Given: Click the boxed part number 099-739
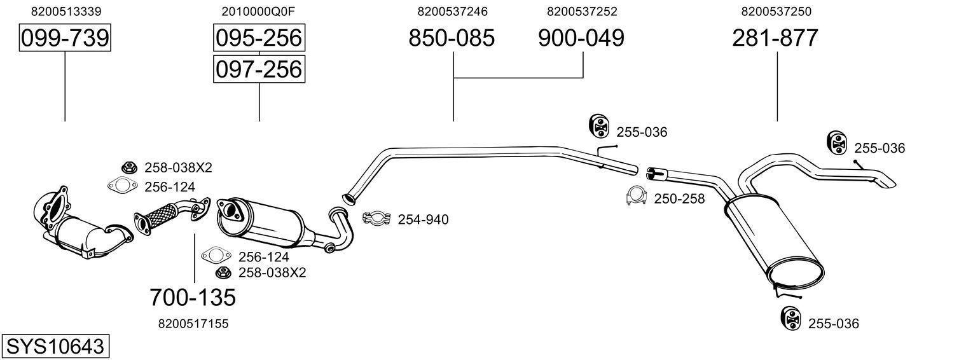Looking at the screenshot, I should pos(65,39).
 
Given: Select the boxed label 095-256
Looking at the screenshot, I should pos(259,38).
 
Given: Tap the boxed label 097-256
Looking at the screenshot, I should pos(259,69).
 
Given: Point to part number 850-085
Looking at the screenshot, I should pos(452,39).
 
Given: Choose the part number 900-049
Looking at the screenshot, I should pos(581,39).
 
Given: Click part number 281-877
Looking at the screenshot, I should pos(775,39).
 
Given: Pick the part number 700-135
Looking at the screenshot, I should pos(193,296).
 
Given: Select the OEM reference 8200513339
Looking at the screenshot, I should pos(66,11).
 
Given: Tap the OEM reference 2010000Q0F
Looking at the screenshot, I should pos(259,11).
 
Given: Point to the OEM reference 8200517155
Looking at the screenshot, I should pos(193,324).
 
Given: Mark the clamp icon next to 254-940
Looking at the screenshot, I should pos(375,219).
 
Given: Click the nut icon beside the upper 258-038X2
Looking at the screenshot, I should pos(129,167).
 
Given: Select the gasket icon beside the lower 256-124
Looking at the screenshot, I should pos(215,256).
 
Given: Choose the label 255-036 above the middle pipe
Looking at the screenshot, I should pos(642,132).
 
